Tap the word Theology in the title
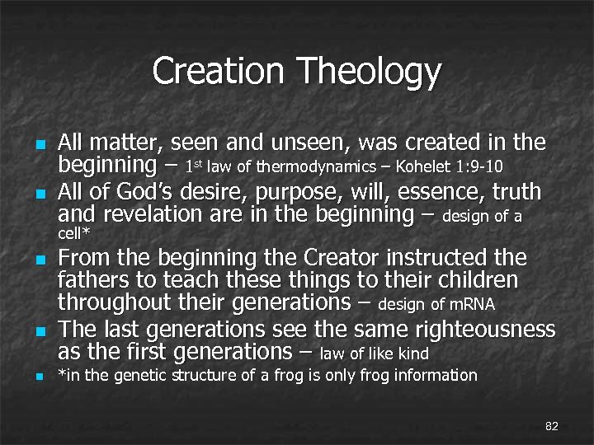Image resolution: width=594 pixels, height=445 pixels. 370,73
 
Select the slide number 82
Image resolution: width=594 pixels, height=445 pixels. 552,426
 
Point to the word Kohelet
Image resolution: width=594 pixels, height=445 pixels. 423,168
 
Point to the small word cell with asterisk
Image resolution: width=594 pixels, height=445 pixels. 73,235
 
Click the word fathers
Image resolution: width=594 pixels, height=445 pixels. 90,281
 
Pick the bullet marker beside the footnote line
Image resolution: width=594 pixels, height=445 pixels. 39,377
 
